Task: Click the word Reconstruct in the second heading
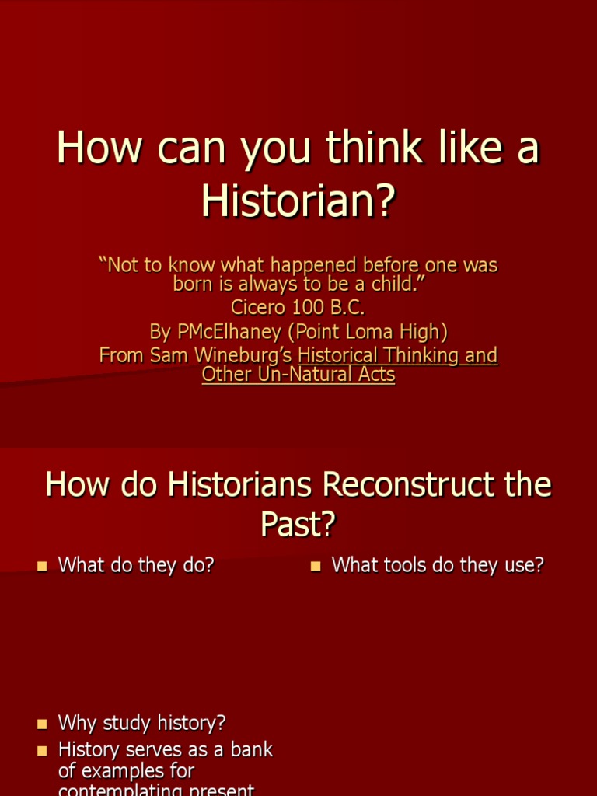[x=410, y=485]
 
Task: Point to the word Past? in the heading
[x=298, y=525]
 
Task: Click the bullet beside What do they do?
[x=43, y=567]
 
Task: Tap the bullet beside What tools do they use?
[x=316, y=567]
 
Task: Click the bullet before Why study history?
[x=43, y=724]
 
